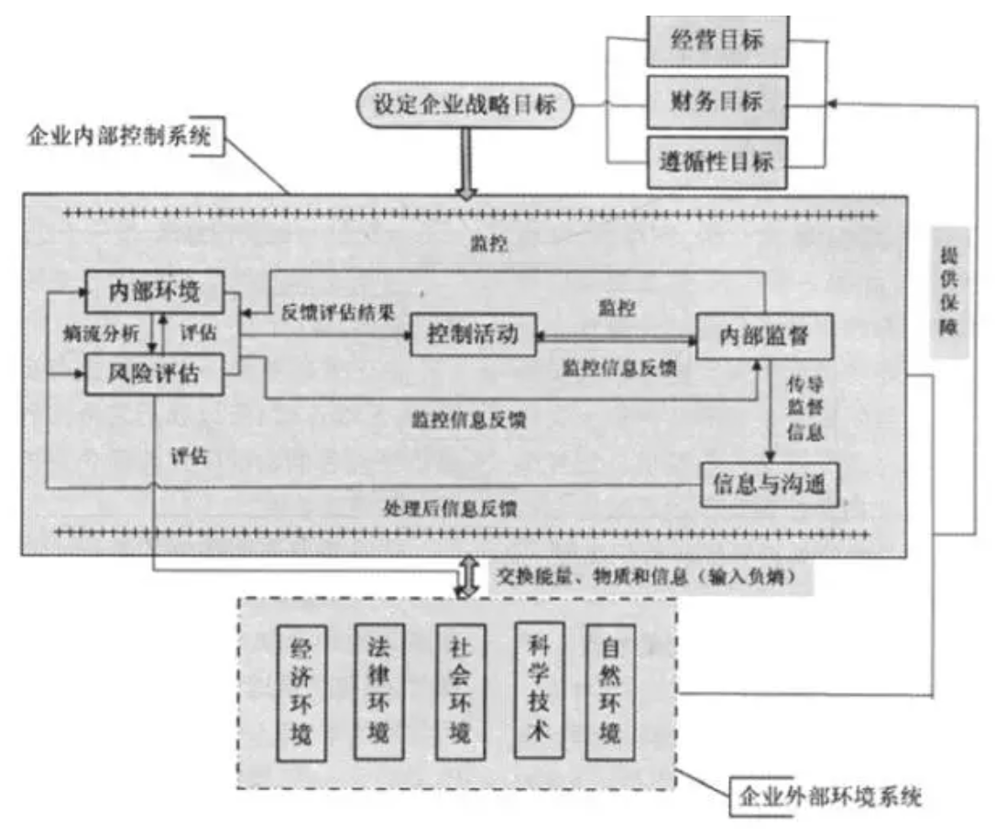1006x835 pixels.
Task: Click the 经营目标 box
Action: point(717,41)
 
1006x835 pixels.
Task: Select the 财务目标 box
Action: point(717,101)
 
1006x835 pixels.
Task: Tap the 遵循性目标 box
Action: point(717,162)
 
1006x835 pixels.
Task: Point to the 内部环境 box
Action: point(154,292)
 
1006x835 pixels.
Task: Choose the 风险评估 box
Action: point(154,374)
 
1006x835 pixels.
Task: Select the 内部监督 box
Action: point(765,336)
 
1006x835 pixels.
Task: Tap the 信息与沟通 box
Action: point(770,484)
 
